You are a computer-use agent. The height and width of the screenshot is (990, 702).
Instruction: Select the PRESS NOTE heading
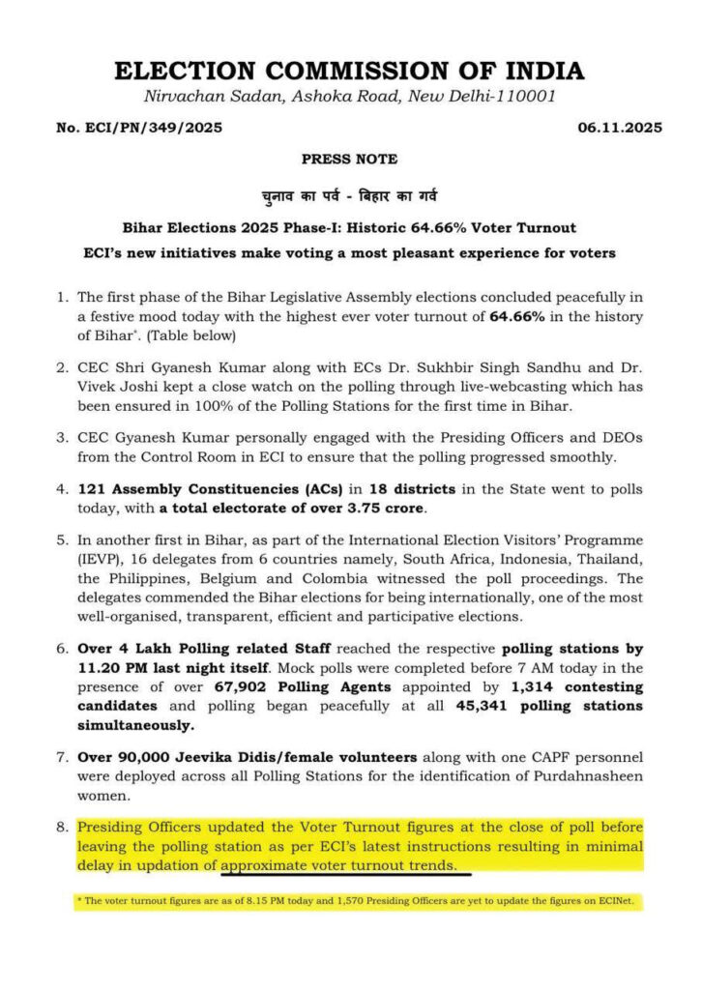click(x=349, y=160)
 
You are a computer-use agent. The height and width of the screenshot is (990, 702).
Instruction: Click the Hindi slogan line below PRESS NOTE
click(x=349, y=196)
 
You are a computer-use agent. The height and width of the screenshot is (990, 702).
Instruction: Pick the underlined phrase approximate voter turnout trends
click(x=344, y=865)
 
